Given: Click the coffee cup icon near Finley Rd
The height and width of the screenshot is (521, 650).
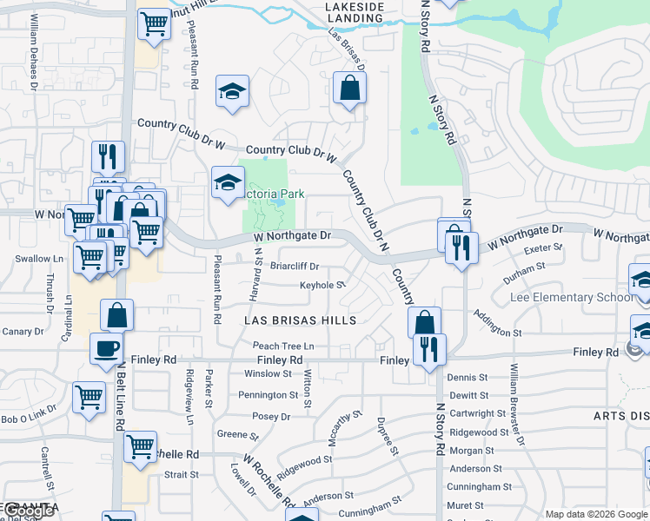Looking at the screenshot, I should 107,348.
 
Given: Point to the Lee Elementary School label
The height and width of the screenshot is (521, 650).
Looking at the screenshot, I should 560,297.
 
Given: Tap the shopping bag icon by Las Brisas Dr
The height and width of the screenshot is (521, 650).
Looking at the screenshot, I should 348,88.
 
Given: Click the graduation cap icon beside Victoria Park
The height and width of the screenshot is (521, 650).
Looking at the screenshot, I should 228,182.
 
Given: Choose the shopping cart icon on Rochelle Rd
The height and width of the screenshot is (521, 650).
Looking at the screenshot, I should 140,447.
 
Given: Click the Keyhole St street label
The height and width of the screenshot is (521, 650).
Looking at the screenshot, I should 322,285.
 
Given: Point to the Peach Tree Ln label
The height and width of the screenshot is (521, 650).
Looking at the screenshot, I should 283,346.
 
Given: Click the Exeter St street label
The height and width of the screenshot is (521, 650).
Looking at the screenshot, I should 539,248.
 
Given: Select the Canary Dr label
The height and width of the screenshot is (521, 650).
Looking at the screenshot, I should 22,332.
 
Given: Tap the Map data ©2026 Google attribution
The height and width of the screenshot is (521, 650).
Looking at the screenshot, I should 596,514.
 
